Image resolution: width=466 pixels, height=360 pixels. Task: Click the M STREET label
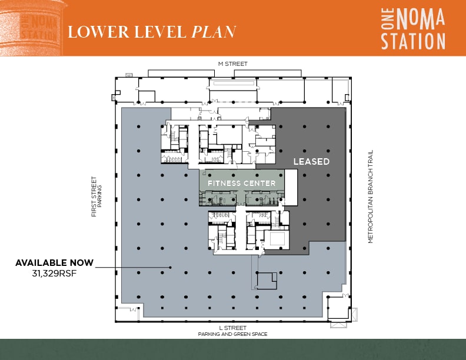(x=232, y=64)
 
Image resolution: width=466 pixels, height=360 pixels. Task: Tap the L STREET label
(x=232, y=328)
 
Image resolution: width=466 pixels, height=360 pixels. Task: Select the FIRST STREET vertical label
(x=94, y=197)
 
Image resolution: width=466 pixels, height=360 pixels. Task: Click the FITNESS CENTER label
(x=241, y=183)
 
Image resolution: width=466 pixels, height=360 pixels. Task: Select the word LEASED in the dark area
(x=311, y=161)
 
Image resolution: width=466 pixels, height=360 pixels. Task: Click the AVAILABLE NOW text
(x=54, y=263)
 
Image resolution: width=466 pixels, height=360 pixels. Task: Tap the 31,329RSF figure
(x=54, y=274)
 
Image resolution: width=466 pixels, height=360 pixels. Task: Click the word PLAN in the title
(x=214, y=32)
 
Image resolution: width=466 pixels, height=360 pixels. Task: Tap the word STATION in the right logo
(x=412, y=41)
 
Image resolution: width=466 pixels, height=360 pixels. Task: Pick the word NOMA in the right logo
(x=418, y=20)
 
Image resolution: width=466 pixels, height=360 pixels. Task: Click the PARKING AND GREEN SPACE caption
(x=232, y=334)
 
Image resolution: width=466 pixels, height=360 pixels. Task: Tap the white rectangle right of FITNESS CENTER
(x=291, y=187)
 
